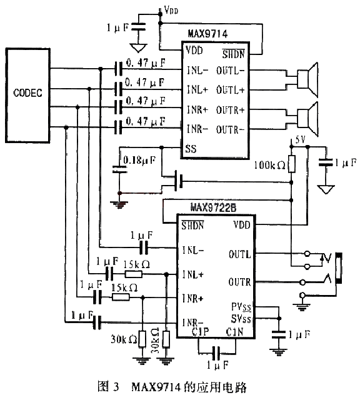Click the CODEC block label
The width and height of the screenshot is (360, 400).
[x=27, y=93]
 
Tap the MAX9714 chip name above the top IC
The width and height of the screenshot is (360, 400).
[x=207, y=34]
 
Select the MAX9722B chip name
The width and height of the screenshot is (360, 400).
[x=213, y=207]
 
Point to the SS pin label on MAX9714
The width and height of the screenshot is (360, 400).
[x=191, y=149]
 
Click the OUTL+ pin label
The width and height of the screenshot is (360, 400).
[x=231, y=90]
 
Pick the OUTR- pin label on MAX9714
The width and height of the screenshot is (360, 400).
[x=231, y=130]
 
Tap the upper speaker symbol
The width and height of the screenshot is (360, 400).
[x=308, y=80]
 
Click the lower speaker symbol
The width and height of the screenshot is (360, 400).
[x=308, y=119]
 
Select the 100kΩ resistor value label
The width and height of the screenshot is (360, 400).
[x=269, y=165]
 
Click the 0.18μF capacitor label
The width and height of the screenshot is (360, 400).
[x=139, y=160]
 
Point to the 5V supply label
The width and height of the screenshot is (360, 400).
[x=300, y=140]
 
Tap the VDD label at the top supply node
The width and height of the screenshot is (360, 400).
[x=171, y=10]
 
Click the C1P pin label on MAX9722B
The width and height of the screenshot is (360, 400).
[x=201, y=332]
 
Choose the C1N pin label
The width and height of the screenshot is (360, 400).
[x=234, y=332]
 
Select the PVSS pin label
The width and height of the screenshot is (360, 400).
[x=241, y=307]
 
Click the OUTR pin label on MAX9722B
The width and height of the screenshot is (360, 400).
[x=239, y=282]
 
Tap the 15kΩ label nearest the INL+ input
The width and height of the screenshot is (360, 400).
[x=136, y=265]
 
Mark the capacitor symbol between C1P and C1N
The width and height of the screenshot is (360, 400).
[x=216, y=354]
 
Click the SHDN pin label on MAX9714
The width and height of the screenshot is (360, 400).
[x=233, y=54]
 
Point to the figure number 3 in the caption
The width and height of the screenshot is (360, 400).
[x=116, y=387]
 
